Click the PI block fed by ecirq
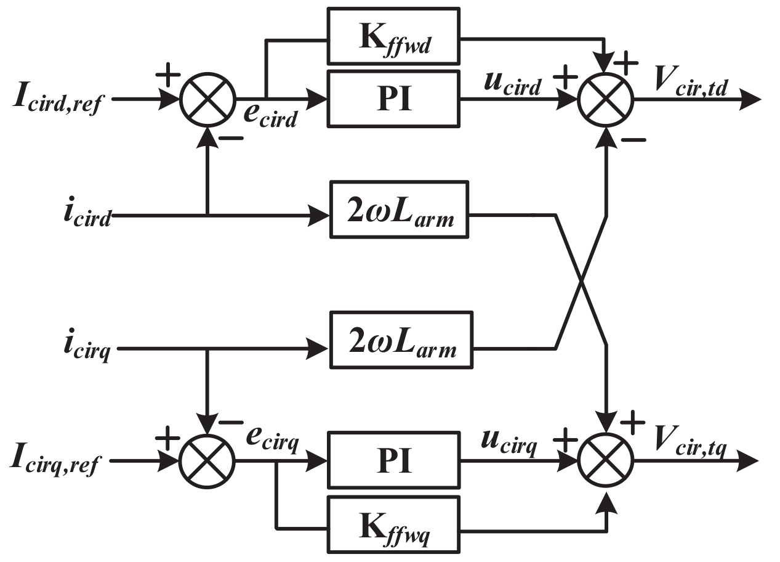point(395,460)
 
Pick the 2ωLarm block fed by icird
point(399,210)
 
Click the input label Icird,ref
point(60,99)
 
